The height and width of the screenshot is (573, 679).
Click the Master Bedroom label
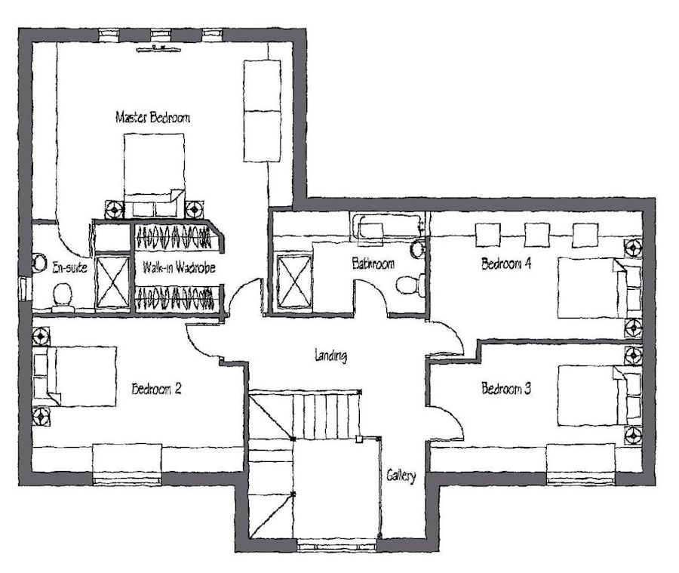point(152,118)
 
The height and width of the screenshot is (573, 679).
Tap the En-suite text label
point(69,267)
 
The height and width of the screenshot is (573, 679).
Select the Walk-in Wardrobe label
point(179,267)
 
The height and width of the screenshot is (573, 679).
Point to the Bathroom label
point(373,263)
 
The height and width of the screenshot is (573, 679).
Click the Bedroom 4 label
point(506,263)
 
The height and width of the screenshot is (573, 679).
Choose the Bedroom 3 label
point(506,388)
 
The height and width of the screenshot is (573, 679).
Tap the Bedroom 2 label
point(156,389)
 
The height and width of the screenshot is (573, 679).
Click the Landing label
point(330,356)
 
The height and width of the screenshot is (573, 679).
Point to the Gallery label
point(401,476)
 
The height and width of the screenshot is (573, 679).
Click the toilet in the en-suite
point(63,297)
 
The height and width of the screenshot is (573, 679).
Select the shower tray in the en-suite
point(112,282)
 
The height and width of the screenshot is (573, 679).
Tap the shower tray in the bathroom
point(294,282)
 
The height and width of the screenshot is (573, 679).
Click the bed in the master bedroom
point(154,176)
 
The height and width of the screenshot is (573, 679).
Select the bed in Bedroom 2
point(75,376)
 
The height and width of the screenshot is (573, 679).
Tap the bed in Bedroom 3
point(600,396)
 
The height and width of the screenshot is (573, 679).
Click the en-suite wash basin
point(39,263)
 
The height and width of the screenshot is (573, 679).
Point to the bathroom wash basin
point(418,249)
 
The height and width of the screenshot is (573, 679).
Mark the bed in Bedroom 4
point(600,288)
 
